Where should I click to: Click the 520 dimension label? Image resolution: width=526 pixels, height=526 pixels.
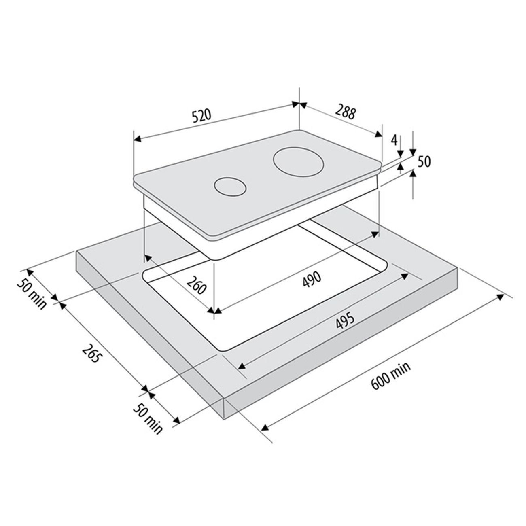(202, 116)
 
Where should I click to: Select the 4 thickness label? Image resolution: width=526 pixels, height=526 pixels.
(394, 140)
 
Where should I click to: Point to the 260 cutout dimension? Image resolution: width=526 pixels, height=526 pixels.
(197, 285)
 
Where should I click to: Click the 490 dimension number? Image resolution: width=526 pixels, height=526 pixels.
(312, 279)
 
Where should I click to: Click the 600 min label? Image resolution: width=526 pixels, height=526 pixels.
(390, 376)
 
